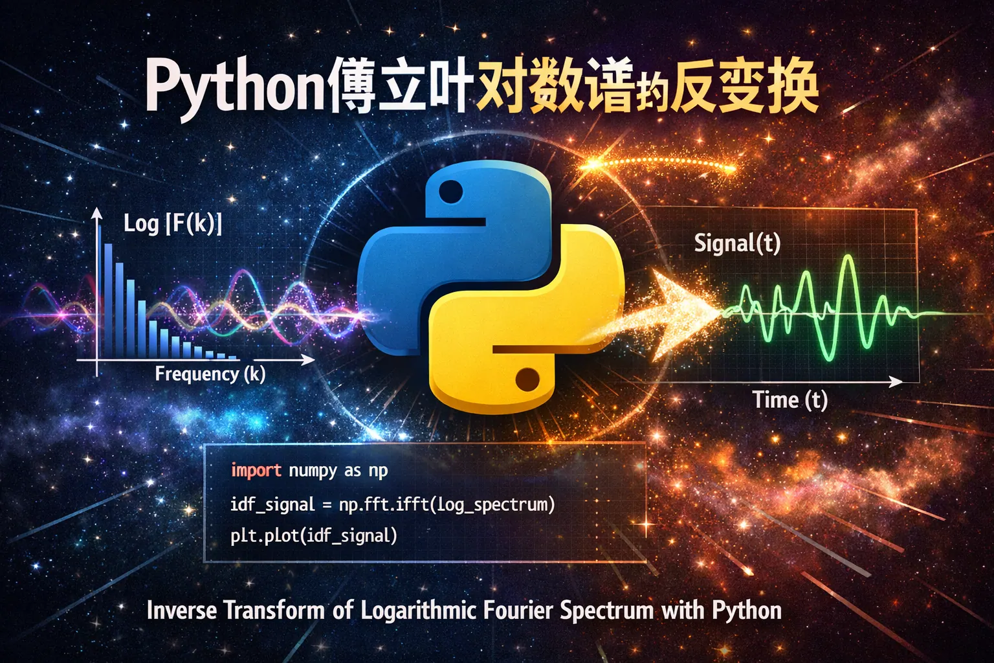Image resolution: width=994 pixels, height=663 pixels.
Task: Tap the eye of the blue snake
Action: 451,192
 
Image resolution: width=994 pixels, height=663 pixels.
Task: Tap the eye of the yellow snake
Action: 527,379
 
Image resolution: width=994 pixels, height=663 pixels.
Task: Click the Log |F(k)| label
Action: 173,223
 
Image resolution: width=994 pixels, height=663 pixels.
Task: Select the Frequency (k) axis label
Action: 210,374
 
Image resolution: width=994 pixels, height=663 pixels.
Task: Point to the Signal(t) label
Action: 737,243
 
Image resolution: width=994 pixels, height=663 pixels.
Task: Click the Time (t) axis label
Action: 790,399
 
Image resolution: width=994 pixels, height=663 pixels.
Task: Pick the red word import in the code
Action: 256,470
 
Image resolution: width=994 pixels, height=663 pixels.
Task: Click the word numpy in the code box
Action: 313,471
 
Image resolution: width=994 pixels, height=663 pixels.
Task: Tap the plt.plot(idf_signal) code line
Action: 314,536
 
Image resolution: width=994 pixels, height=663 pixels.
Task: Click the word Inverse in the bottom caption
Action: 182,610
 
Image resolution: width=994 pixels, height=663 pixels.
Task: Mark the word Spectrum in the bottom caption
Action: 606,611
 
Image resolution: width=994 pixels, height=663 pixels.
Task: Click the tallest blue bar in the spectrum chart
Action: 108,300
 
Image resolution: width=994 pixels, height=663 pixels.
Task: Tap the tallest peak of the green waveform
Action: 849,257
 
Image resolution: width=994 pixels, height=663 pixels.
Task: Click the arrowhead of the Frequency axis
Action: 308,360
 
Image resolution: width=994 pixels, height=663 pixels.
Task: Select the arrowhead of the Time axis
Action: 896,381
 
